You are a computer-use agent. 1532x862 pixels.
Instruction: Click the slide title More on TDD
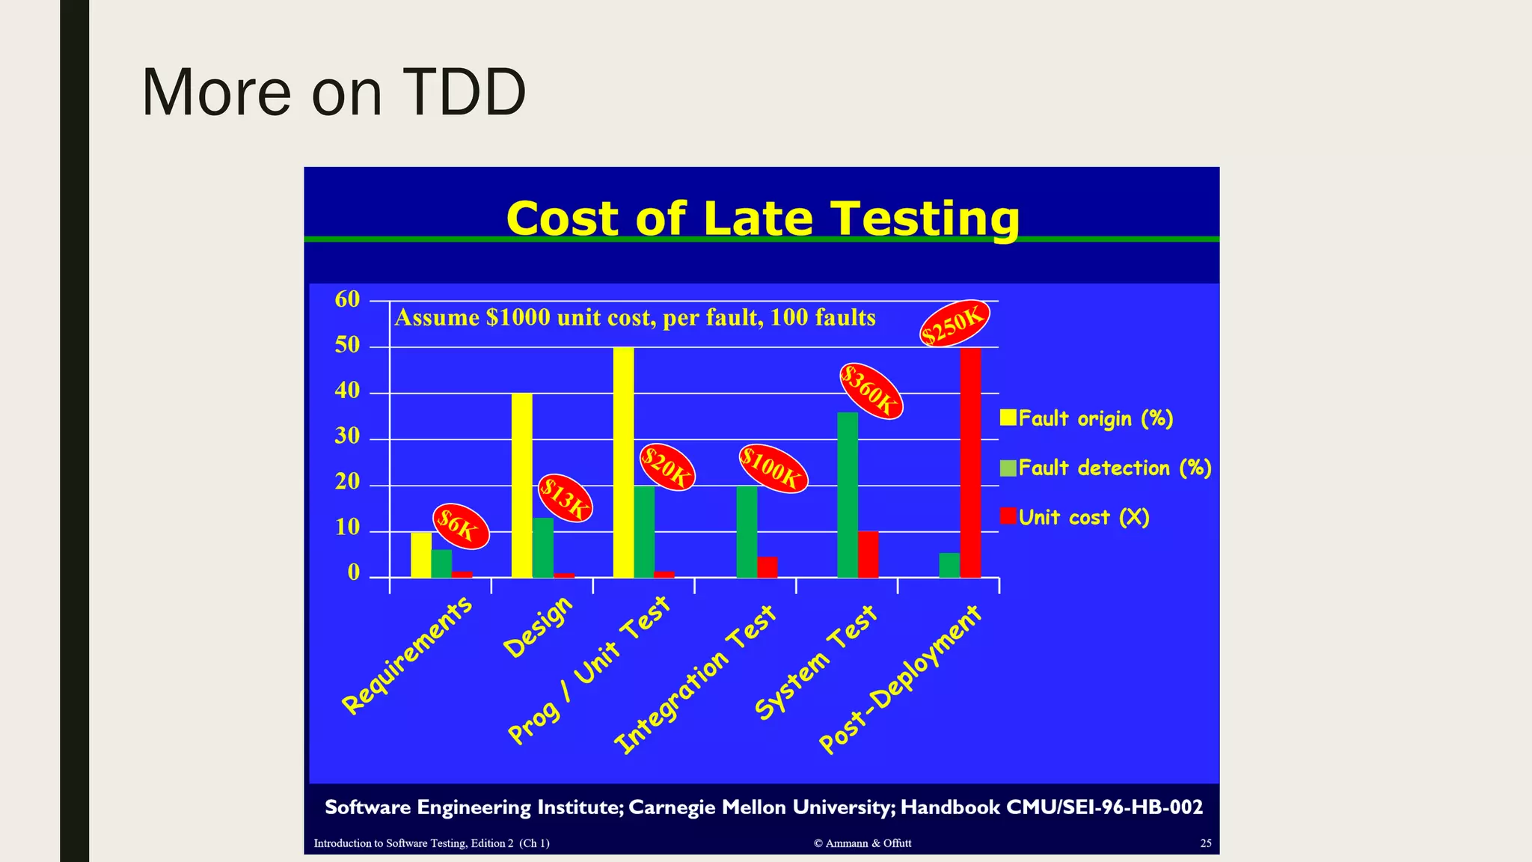334,93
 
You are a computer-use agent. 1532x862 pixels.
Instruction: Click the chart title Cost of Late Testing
762,218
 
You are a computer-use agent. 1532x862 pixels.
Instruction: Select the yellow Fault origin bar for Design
521,485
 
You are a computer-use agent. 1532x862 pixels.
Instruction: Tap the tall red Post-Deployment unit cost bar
970,462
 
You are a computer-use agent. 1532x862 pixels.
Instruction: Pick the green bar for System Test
847,495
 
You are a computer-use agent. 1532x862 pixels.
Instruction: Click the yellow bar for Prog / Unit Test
623,462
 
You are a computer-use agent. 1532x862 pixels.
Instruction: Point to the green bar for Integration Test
746,531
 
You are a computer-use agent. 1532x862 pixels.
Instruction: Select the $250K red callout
954,323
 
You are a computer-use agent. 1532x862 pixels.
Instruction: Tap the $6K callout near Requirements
461,526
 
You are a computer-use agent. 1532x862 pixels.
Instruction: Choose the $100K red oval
773,469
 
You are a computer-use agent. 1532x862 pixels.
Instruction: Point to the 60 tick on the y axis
348,300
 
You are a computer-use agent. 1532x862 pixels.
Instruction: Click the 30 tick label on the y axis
348,437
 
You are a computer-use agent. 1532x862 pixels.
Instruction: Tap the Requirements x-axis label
408,655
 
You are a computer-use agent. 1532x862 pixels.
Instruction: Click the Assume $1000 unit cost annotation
634,318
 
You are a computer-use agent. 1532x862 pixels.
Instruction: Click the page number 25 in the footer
1205,843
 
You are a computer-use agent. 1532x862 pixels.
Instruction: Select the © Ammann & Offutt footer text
862,843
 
